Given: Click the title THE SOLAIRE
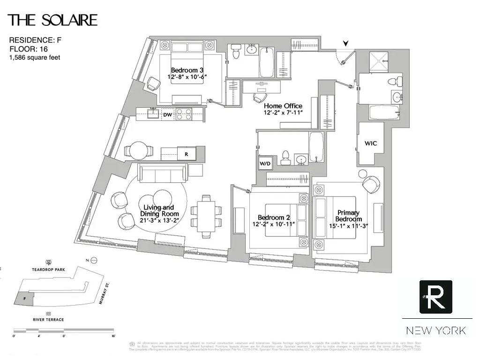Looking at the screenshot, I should (52, 20).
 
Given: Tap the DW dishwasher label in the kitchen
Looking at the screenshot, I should (167, 114).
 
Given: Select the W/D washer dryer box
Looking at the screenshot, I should (265, 164).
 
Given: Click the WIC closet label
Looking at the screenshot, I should (371, 143).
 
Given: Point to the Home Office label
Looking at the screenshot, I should (283, 106).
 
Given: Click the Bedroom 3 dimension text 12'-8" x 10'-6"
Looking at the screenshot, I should (187, 76).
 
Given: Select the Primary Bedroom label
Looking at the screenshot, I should (348, 216).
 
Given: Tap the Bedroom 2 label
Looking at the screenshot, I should (273, 217).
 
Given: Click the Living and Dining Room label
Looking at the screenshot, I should (158, 210).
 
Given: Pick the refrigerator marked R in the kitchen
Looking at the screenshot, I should (186, 153).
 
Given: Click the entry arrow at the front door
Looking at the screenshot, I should (346, 44).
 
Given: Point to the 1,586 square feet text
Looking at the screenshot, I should (35, 58).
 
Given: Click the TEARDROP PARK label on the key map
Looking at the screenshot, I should (48, 270).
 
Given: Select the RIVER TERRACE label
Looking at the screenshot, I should (48, 320).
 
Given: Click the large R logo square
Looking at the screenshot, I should (435, 297).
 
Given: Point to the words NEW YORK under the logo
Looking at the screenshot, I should (436, 330).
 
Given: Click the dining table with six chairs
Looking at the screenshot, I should (206, 217).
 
